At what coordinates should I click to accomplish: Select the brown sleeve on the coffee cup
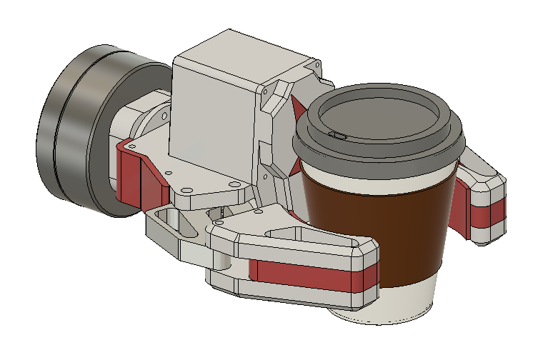tap(372, 229)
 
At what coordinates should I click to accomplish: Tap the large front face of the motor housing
tap(211, 129)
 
